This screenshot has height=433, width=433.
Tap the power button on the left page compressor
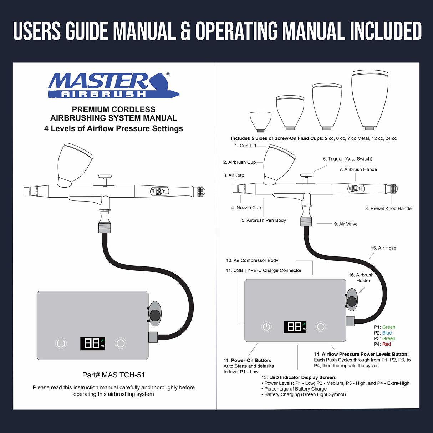click(x=61, y=343)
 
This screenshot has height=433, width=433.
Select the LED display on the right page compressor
click(x=295, y=327)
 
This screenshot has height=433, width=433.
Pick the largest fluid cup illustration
click(x=370, y=100)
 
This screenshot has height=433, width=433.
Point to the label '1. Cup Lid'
click(x=245, y=146)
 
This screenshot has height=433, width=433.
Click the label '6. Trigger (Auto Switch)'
click(x=347, y=159)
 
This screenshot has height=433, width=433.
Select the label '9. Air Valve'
click(x=346, y=224)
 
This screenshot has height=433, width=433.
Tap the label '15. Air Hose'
click(x=383, y=248)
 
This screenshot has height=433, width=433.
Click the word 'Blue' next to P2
click(x=387, y=333)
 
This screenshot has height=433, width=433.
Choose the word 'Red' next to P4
click(x=387, y=344)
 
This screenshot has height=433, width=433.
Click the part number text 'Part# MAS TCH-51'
click(x=113, y=375)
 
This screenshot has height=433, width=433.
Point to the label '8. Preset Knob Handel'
click(x=388, y=209)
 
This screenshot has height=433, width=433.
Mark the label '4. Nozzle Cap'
click(x=246, y=208)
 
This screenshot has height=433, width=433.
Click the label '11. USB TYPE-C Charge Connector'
click(x=264, y=270)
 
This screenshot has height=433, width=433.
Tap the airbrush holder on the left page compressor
click(x=155, y=314)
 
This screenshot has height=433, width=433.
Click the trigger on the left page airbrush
click(x=105, y=177)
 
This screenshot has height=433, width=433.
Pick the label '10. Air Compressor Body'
click(x=252, y=260)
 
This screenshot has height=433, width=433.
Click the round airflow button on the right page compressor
click(x=321, y=326)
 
